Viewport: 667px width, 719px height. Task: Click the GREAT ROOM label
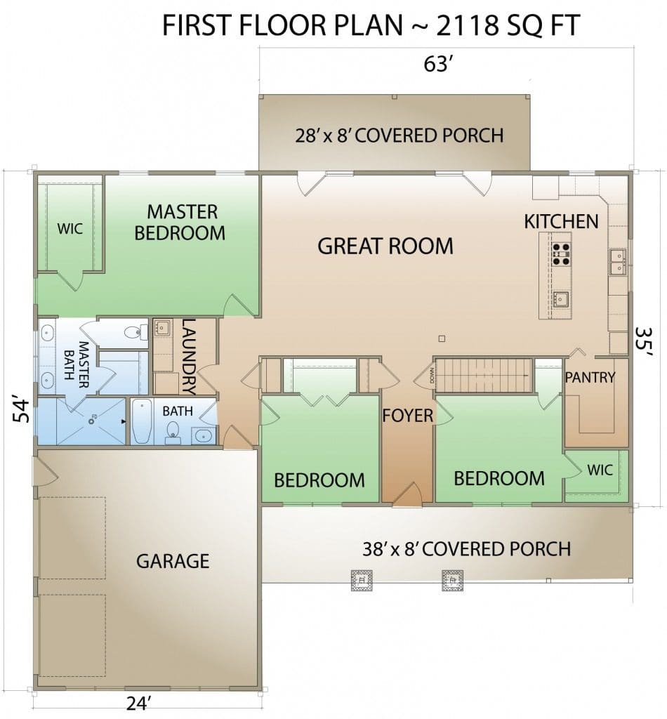click(x=385, y=246)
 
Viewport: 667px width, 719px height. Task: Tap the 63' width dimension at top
click(x=439, y=64)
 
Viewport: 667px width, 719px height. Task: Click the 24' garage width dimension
click(x=139, y=703)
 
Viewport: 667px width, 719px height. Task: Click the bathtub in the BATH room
click(x=142, y=421)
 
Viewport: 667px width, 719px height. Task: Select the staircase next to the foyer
click(x=483, y=376)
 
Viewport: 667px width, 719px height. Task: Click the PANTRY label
click(x=590, y=377)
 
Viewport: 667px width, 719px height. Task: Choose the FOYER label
click(x=407, y=416)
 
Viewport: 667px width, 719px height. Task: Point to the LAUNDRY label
click(x=190, y=357)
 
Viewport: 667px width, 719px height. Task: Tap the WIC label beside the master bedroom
click(x=70, y=228)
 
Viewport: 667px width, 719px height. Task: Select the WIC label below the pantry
click(x=600, y=470)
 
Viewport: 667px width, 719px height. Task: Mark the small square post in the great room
click(x=442, y=339)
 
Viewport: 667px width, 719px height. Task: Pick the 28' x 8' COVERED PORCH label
click(x=399, y=136)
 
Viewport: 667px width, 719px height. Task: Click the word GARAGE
click(x=173, y=561)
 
